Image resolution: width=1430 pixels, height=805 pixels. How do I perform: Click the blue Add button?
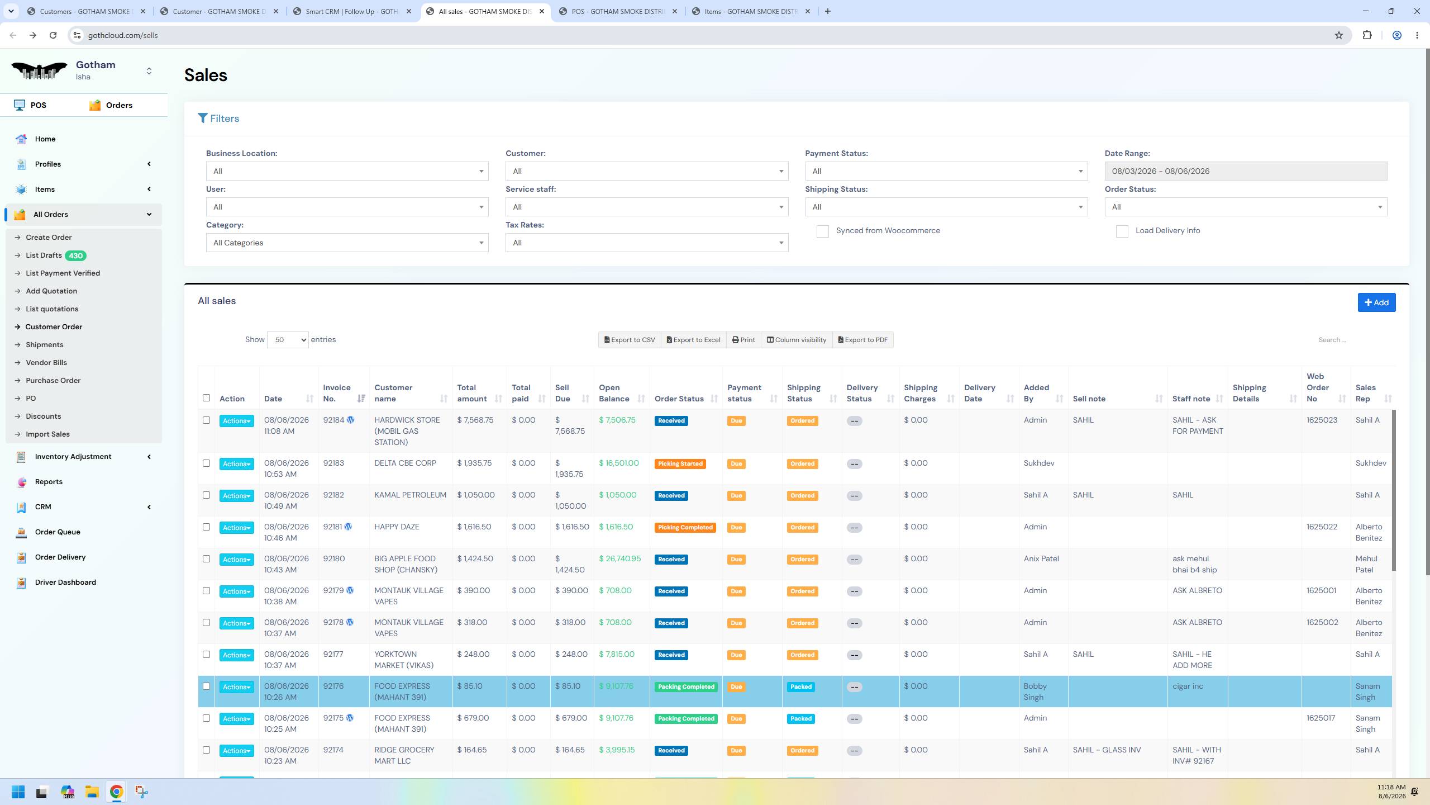(x=1376, y=302)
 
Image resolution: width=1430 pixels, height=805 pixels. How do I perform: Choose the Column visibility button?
(x=796, y=340)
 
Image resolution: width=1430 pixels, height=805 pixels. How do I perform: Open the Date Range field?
(x=1245, y=171)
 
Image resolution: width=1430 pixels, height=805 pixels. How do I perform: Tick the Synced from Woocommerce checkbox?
(x=822, y=231)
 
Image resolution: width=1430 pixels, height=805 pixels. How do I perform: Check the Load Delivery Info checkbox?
(x=1122, y=231)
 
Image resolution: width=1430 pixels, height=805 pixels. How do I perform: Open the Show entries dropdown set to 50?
(x=288, y=340)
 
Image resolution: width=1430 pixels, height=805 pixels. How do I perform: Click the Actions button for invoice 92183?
(x=236, y=464)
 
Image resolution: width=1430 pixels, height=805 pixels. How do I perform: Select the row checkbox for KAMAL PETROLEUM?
(x=206, y=495)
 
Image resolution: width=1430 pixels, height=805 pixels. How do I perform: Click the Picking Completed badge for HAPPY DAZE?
(x=685, y=527)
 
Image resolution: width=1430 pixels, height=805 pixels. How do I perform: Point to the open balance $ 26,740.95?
(x=619, y=558)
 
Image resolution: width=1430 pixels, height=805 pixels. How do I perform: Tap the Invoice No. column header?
(x=337, y=393)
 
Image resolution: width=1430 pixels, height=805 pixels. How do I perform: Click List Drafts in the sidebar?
(x=44, y=255)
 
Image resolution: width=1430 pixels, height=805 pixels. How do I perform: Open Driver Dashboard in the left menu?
(x=65, y=582)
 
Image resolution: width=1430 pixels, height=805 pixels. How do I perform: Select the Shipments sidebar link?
(x=44, y=345)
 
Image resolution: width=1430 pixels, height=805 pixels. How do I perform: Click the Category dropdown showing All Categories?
(x=347, y=243)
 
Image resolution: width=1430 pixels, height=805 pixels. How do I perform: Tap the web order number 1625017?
(x=1321, y=718)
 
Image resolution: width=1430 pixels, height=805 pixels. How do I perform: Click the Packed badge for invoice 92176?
(x=800, y=687)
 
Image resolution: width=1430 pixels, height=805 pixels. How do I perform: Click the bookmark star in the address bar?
(x=1338, y=35)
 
